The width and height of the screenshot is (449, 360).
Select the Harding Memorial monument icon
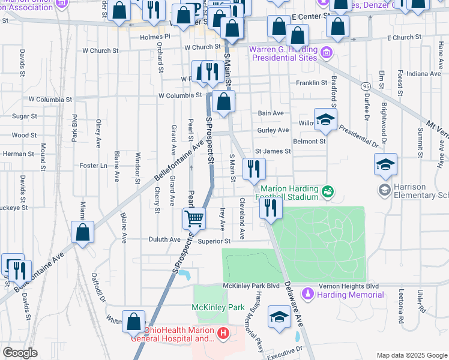308,295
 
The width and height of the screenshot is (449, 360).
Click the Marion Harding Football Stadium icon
327,192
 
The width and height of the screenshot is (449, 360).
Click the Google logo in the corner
20,352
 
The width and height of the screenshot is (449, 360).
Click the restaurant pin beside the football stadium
271,208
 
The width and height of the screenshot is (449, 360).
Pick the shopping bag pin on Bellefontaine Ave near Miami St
83,232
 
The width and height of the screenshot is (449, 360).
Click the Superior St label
211,241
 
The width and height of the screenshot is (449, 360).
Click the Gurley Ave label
274,130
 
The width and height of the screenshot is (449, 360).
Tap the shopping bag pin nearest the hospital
133,322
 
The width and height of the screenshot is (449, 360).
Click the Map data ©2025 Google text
411,355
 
